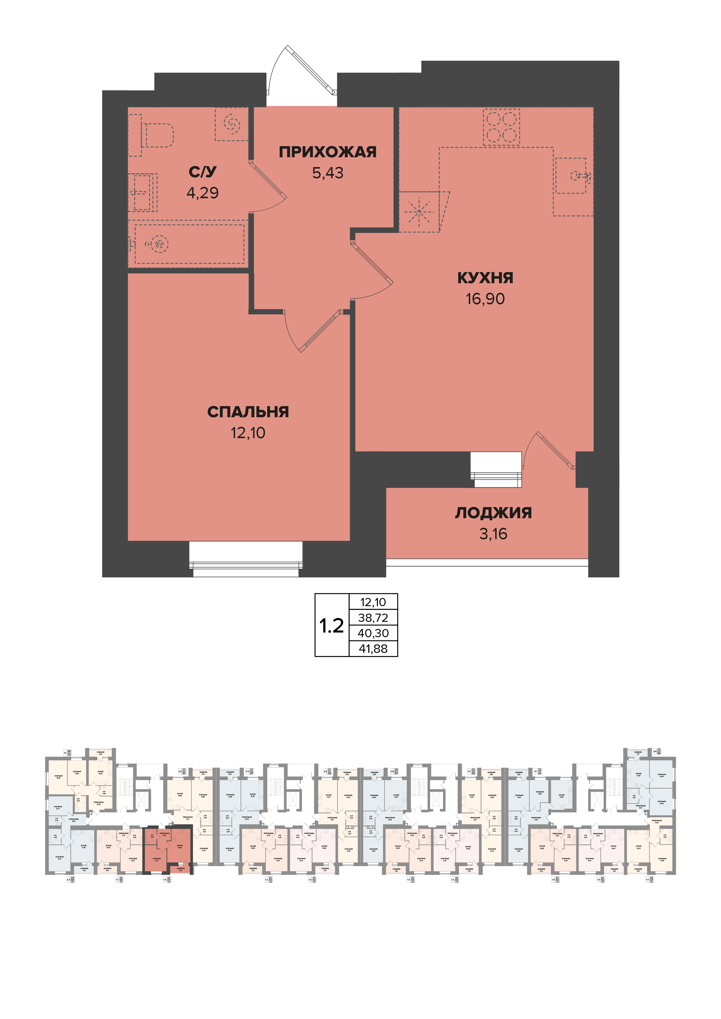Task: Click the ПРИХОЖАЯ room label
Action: click(328, 152)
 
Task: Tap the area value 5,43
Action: click(328, 173)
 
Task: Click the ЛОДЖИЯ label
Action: click(493, 513)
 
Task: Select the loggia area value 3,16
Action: click(493, 534)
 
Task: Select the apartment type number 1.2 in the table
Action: click(332, 626)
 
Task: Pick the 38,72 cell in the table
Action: click(373, 618)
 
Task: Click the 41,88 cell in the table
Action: click(373, 649)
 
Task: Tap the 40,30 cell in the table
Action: click(373, 633)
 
